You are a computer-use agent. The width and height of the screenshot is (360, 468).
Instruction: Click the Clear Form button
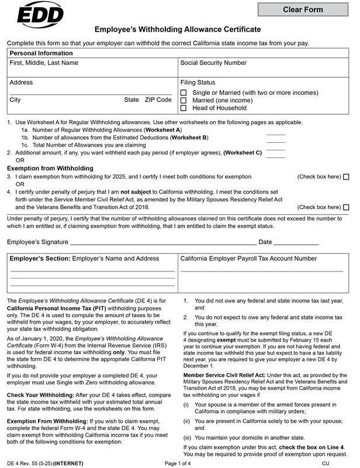(x=303, y=9)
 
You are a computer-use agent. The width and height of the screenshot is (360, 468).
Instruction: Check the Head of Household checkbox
(x=184, y=108)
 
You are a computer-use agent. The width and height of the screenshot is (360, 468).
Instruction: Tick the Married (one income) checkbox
(x=184, y=101)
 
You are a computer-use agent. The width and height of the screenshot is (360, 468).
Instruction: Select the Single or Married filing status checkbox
(x=184, y=93)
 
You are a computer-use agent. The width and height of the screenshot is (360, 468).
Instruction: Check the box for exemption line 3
(x=346, y=177)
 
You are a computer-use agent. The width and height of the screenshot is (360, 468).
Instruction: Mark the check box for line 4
(x=346, y=207)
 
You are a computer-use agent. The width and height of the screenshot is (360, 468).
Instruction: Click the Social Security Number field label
(x=213, y=63)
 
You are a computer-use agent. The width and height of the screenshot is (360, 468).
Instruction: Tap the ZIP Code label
(x=158, y=100)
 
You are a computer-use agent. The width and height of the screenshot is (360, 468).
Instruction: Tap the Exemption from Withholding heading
(x=50, y=168)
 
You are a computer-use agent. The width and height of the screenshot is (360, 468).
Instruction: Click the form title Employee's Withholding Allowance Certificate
(x=178, y=29)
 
